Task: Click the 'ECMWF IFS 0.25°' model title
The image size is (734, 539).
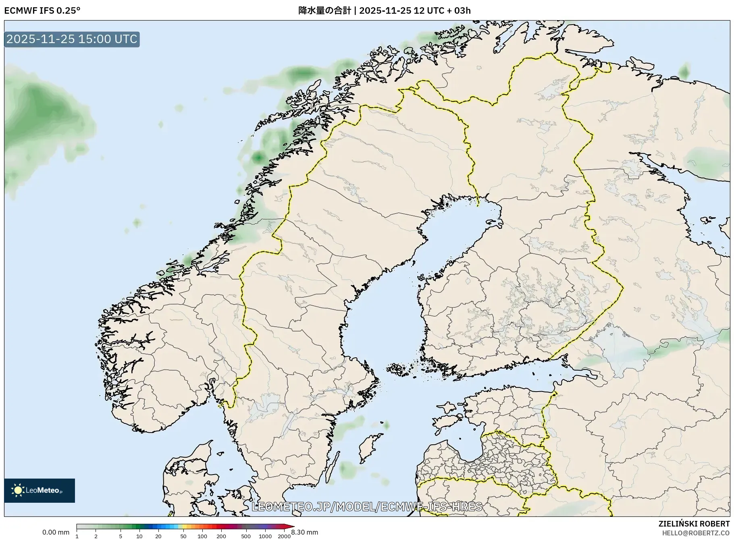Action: (x=42, y=10)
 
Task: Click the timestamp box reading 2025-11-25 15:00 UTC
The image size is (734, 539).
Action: (x=72, y=39)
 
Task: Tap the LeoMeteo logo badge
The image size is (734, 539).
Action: (x=40, y=490)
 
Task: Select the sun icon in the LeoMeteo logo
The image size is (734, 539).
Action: (x=18, y=490)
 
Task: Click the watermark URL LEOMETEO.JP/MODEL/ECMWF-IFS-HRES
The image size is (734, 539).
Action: (x=366, y=506)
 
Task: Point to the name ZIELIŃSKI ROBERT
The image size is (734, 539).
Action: (x=694, y=524)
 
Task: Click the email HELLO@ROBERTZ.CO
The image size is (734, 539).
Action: (x=696, y=533)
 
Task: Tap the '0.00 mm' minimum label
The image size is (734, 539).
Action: (x=56, y=533)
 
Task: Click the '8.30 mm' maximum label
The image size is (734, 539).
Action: (x=305, y=533)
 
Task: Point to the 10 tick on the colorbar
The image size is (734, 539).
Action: (x=139, y=536)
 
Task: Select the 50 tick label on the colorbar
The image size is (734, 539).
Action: (x=183, y=536)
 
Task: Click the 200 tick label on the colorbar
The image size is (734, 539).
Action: (x=221, y=536)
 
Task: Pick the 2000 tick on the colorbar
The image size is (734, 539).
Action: (x=284, y=536)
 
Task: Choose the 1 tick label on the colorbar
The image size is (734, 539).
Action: (x=77, y=536)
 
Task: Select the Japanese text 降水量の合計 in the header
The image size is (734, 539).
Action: (x=324, y=10)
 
